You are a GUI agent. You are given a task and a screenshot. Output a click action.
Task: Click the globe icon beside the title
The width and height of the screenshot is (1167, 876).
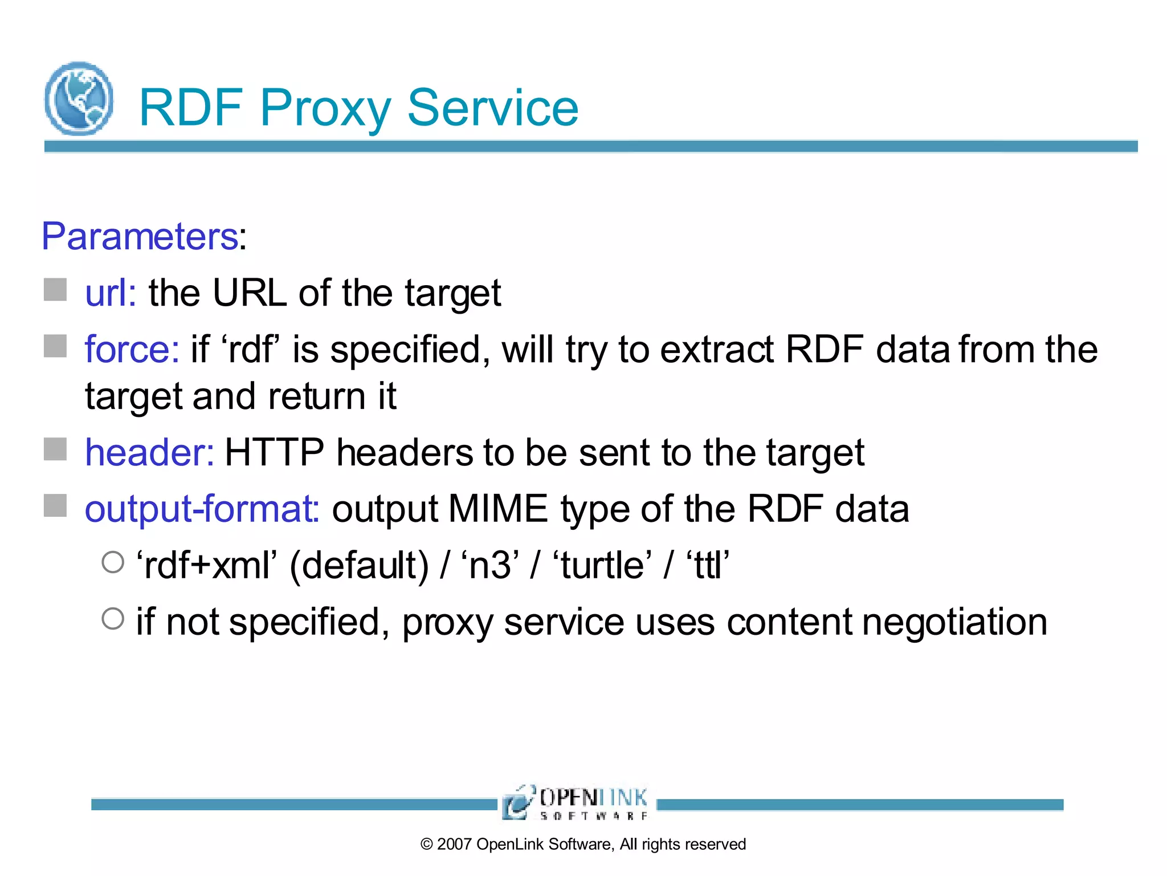point(79,99)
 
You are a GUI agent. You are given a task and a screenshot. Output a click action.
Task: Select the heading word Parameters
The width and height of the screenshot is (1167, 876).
point(140,236)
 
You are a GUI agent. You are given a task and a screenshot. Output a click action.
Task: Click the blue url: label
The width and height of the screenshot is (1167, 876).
point(111,293)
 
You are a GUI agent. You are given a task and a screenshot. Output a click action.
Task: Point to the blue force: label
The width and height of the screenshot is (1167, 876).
point(132,349)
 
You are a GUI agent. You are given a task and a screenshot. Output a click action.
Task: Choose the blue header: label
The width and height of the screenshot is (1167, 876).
point(149,452)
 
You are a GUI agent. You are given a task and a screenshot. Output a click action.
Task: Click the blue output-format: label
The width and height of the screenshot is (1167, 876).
point(202,509)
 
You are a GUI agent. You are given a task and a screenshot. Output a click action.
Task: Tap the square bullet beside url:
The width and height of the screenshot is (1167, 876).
point(55,290)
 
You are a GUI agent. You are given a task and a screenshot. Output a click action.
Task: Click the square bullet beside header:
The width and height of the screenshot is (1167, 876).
point(55,449)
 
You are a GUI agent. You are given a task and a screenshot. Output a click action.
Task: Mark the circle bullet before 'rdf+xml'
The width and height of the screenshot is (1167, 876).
point(113,562)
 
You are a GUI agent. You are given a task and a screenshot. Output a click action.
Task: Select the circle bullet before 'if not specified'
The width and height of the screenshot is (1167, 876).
point(113,618)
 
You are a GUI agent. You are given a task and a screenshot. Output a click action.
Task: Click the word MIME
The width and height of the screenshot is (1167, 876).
point(497,509)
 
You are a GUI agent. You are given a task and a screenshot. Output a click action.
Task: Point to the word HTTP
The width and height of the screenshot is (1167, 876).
point(274,452)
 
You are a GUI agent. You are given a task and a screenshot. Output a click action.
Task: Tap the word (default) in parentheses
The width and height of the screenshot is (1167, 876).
point(359,566)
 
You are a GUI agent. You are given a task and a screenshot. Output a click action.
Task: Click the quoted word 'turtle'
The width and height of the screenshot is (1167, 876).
point(603,566)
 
